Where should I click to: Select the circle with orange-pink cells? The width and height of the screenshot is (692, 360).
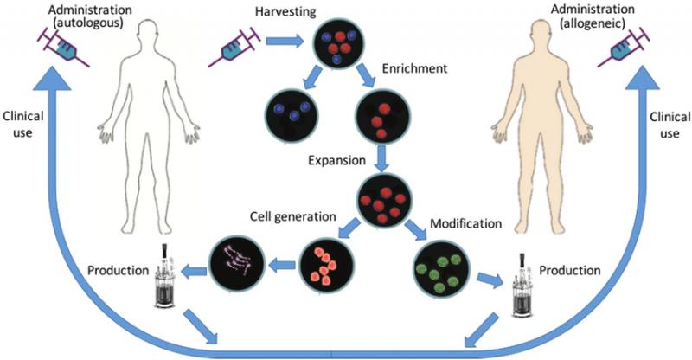(x=322, y=263)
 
